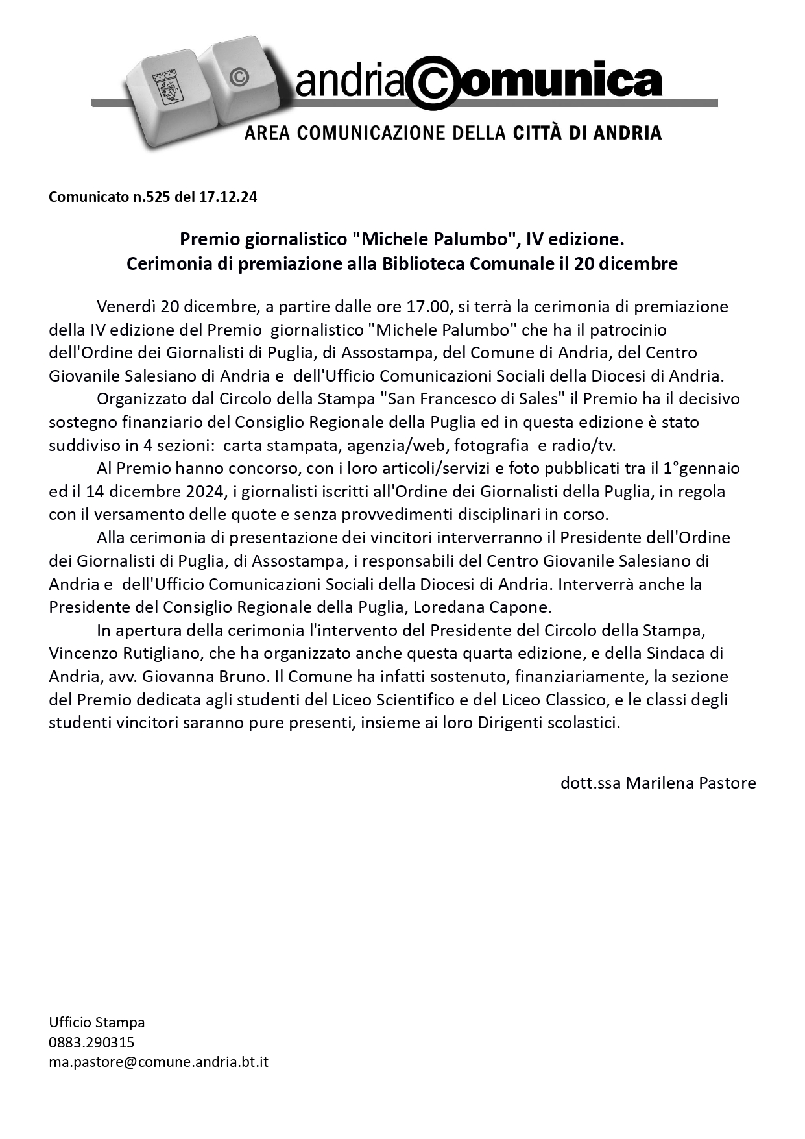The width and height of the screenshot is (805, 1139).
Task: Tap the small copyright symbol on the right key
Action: click(239, 77)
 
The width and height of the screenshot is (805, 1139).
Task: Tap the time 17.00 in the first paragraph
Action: click(427, 306)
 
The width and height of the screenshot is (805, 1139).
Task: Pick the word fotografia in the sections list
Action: click(492, 446)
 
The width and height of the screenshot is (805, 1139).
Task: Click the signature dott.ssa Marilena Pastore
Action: click(658, 783)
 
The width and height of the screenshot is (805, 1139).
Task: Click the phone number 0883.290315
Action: click(91, 1042)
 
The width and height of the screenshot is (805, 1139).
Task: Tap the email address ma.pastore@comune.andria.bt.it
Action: click(158, 1062)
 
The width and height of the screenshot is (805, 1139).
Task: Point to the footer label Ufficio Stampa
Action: click(97, 1023)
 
